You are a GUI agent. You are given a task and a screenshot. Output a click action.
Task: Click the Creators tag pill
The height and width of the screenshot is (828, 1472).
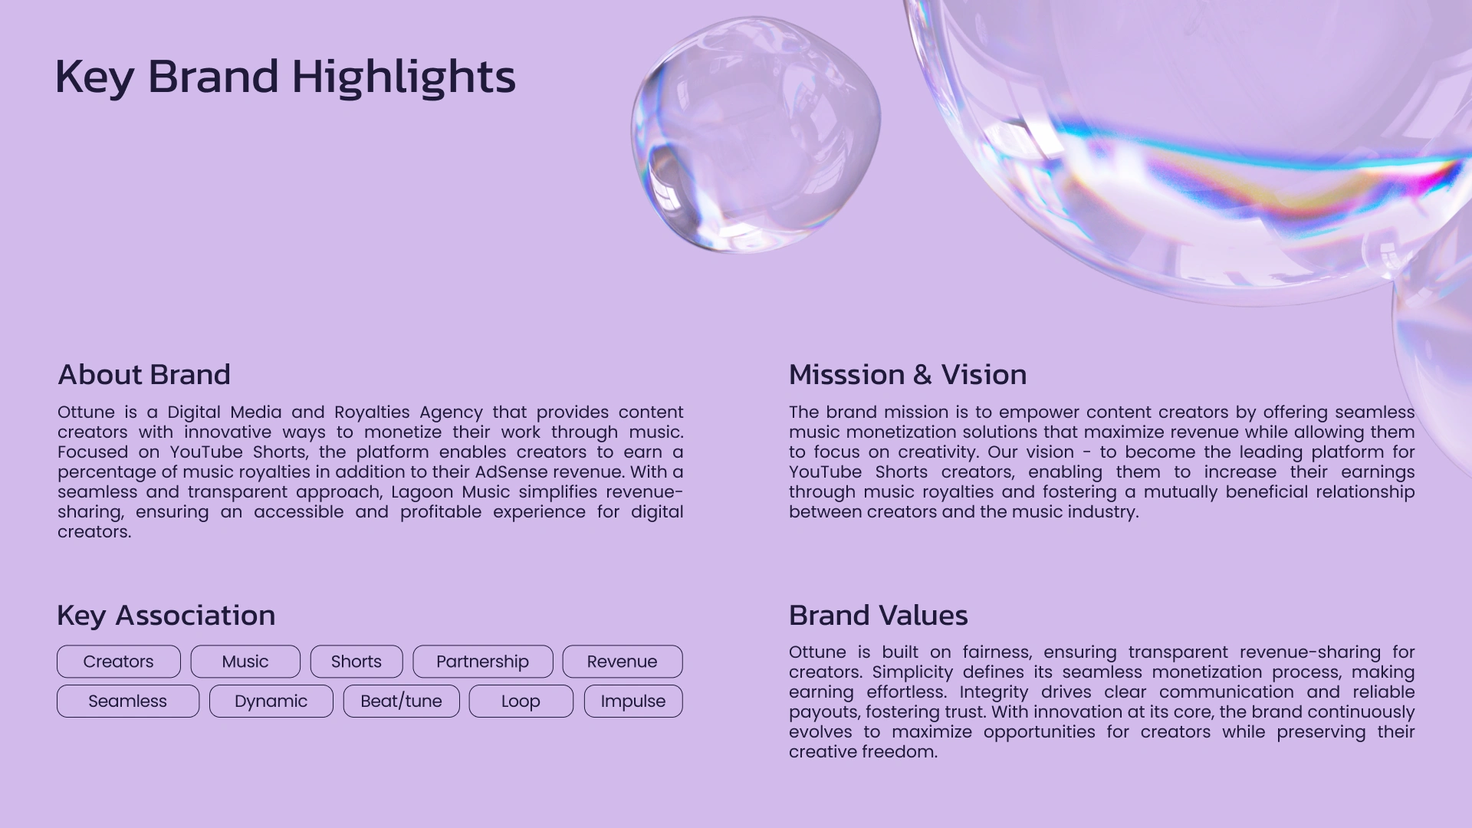point(119,662)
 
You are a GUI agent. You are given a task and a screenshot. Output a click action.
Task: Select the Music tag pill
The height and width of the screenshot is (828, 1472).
point(245,662)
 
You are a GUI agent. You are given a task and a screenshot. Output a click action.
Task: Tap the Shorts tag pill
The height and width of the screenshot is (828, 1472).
point(356,662)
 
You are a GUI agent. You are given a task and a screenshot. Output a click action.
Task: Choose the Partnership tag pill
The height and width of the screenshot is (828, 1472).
point(483,662)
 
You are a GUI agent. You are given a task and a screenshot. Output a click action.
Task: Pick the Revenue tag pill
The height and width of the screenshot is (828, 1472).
point(623,662)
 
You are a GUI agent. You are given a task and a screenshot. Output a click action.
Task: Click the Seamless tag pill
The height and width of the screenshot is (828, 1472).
point(128,701)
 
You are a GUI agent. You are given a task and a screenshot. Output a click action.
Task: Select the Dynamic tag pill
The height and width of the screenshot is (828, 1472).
point(271,701)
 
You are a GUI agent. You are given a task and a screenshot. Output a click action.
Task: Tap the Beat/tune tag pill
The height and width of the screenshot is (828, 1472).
point(402,701)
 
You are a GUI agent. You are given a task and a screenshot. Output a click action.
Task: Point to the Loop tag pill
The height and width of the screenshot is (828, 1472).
point(521,701)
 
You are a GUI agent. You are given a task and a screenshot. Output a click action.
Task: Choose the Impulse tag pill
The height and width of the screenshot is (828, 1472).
point(633,701)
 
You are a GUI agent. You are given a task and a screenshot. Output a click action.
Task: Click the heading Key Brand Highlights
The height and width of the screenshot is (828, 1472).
point(285,77)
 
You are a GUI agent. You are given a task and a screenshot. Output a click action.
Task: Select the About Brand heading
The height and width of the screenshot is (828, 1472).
point(144,375)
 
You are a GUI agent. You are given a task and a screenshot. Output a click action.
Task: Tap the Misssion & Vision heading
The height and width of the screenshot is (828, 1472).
point(908,375)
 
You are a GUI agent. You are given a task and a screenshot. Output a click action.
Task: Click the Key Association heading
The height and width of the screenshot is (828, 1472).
point(166,616)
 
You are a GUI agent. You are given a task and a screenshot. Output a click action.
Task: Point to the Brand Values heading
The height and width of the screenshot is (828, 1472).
point(879,616)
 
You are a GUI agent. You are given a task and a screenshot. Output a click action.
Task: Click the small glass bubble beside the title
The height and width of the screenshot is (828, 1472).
point(756,134)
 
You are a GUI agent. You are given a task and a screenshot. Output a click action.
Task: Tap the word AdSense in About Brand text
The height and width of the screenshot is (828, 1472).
point(511,472)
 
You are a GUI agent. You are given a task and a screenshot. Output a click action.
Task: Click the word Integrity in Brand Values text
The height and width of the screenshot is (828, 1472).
point(994,692)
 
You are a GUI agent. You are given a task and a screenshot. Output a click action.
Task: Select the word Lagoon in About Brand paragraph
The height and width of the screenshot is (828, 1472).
point(422,492)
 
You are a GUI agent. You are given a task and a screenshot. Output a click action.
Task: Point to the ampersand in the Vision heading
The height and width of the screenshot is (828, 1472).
point(922,375)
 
